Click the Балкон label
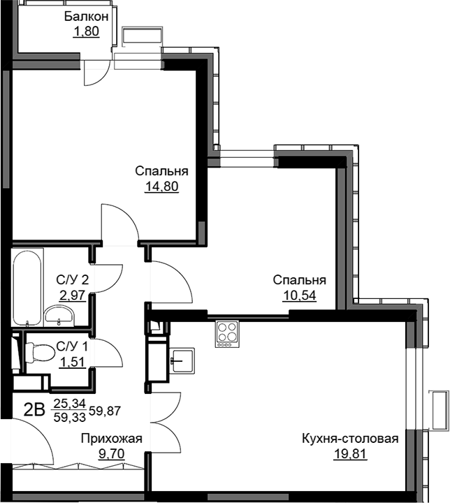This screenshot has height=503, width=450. tap(87, 16)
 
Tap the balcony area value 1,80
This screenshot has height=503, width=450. tap(86, 31)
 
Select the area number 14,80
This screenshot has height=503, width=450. tap(162, 186)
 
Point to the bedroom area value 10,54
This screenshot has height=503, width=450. tap(300, 295)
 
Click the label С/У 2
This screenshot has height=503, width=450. tap(72, 280)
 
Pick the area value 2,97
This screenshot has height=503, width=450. tap(72, 295)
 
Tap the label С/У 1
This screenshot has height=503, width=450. tap(72, 347)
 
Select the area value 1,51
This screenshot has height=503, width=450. tap(72, 362)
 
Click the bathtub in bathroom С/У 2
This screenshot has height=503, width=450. tap(27, 287)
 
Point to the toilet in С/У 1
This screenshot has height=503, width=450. tap(39, 353)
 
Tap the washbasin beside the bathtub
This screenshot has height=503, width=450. tap(59, 315)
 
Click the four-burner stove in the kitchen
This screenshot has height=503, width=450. tap(227, 334)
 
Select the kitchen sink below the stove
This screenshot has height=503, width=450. tap(182, 361)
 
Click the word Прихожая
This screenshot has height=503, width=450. tap(111, 439)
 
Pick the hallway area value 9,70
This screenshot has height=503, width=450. tap(112, 454)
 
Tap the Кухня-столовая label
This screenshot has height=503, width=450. tap(350, 439)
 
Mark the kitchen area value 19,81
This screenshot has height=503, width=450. tap(350, 454)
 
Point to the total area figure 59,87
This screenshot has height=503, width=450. tap(105, 410)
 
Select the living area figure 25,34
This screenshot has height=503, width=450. tap(70, 403)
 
